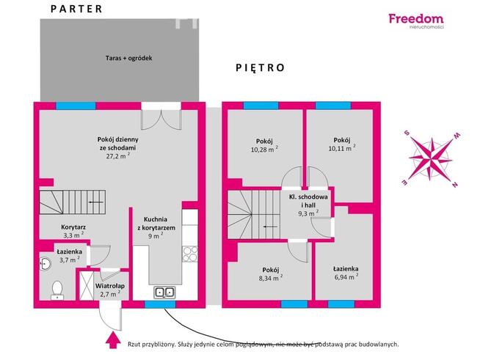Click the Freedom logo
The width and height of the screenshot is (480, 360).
click(x=416, y=21)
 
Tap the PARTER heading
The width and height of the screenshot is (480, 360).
click(x=76, y=9)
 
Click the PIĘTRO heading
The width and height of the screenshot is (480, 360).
click(x=261, y=67)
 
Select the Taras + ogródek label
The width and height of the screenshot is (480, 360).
click(x=129, y=58)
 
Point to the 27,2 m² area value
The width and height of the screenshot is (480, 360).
click(x=118, y=156)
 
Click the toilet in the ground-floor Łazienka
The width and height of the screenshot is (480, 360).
click(x=57, y=290)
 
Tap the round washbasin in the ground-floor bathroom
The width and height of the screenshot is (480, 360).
click(x=46, y=263)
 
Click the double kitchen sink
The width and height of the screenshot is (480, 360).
click(x=164, y=293)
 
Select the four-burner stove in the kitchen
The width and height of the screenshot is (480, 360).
click(x=190, y=254)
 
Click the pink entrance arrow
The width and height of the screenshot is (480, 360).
click(x=113, y=341)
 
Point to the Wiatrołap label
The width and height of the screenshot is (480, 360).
click(x=110, y=286)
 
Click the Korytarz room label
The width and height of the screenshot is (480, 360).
click(x=73, y=227)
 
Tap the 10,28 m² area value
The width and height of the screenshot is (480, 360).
click(x=264, y=150)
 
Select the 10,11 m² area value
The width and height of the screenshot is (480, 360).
click(x=342, y=148)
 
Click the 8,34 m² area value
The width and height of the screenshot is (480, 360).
click(x=271, y=278)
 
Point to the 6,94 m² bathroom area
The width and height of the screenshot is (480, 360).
click(x=346, y=276)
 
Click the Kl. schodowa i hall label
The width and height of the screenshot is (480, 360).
click(x=308, y=201)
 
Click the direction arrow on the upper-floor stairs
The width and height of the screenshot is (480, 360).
click(x=270, y=227)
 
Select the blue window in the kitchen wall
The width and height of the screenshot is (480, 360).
click(x=160, y=304)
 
